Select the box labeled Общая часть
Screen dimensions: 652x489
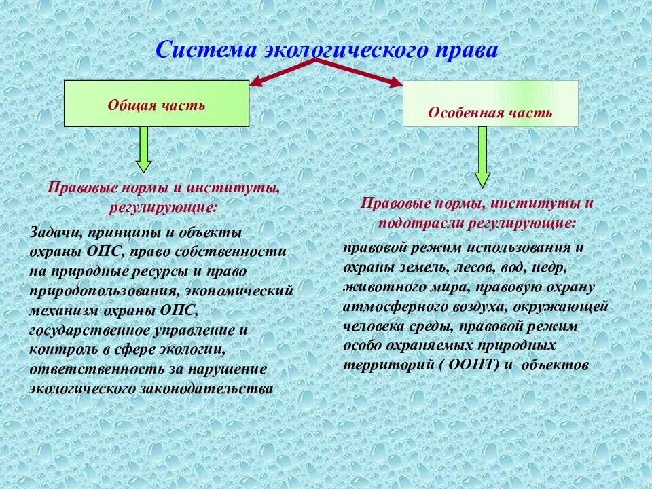(x=156, y=104)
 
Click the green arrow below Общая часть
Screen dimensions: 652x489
(x=143, y=149)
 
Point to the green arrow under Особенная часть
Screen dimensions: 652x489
(x=482, y=157)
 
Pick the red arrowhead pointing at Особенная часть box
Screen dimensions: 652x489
(x=395, y=82)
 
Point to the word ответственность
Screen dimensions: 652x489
(x=94, y=369)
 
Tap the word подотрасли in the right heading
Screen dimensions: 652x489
(x=418, y=222)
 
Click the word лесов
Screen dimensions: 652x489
(x=471, y=268)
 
